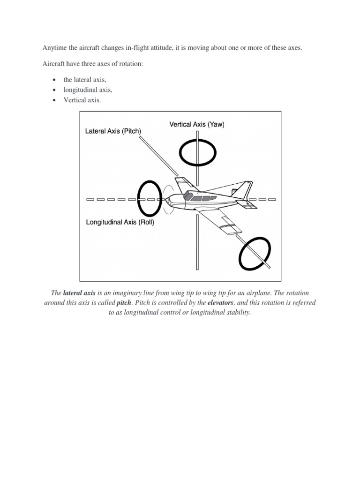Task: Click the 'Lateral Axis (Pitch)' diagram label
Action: [113, 131]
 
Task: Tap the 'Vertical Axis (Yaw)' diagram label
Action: [197, 125]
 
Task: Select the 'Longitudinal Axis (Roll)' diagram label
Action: [120, 222]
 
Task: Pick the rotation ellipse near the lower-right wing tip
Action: [255, 254]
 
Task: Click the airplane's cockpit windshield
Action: [187, 195]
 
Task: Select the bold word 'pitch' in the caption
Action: [124, 303]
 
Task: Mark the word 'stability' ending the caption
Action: [237, 313]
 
